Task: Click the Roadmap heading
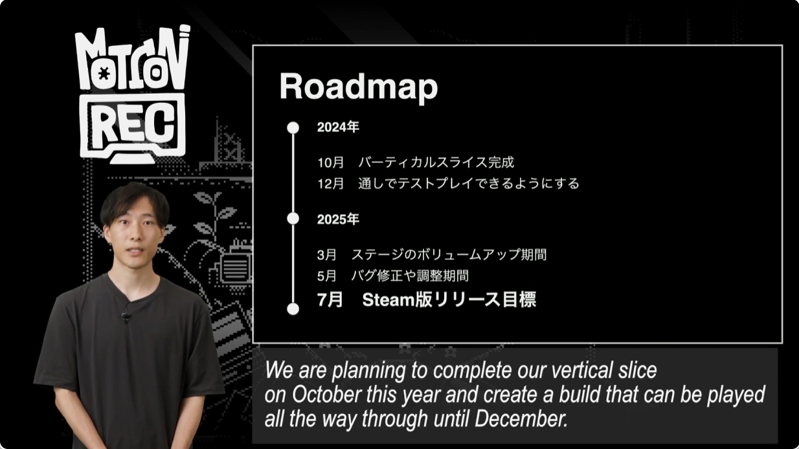point(359,87)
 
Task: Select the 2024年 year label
point(338,127)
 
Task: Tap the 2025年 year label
point(338,219)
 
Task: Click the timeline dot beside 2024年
point(293,127)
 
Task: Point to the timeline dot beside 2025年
point(293,219)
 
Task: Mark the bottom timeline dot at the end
point(293,309)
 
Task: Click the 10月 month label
point(331,162)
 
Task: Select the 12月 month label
point(331,184)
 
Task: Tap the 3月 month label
point(327,255)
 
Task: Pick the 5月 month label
point(327,276)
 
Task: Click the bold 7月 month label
point(330,300)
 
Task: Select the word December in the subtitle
point(521,419)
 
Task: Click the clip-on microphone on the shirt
point(126,315)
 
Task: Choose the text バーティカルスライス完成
point(436,162)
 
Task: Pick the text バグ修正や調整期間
point(410,276)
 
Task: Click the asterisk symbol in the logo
point(104,73)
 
